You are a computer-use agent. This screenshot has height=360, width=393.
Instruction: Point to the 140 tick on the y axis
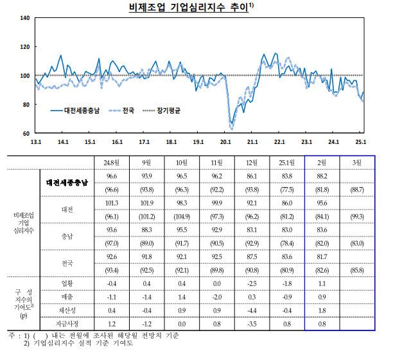25,17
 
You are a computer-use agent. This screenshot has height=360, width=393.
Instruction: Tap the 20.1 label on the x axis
225,142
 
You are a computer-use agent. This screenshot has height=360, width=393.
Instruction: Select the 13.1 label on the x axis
36,142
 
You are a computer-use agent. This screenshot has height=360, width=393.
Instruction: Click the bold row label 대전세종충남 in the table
71,183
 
